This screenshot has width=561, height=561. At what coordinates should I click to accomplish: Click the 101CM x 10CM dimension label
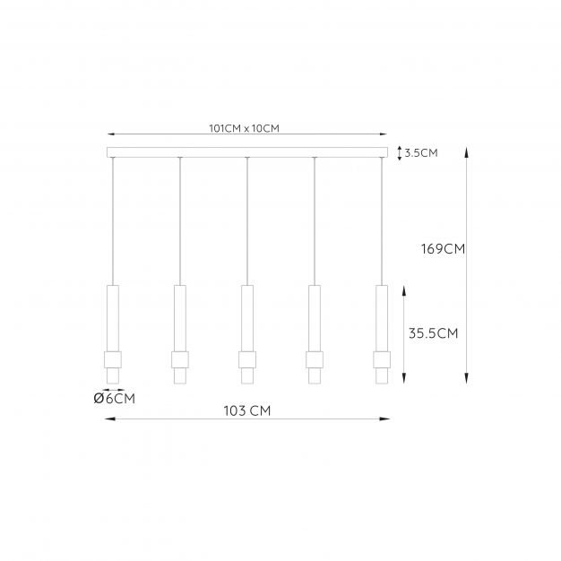[x=245, y=128]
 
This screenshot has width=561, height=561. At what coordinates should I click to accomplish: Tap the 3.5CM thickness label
[x=420, y=153]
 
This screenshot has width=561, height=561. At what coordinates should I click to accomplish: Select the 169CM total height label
[x=443, y=249]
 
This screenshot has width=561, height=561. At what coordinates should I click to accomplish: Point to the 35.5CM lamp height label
[x=433, y=333]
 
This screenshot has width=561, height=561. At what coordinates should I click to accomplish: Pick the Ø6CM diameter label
[x=114, y=399]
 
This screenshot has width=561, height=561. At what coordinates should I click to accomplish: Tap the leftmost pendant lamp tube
[x=113, y=318]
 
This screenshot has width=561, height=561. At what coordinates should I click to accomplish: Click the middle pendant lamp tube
[x=247, y=318]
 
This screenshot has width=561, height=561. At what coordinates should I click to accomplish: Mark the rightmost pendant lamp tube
[x=382, y=318]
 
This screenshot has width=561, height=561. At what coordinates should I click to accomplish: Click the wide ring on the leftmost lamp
[x=113, y=359]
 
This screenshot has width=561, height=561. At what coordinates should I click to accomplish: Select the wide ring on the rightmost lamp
[x=382, y=359]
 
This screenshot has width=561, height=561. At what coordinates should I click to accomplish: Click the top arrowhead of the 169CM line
[x=467, y=151]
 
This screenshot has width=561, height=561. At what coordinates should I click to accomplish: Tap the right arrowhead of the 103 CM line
[x=386, y=418]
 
